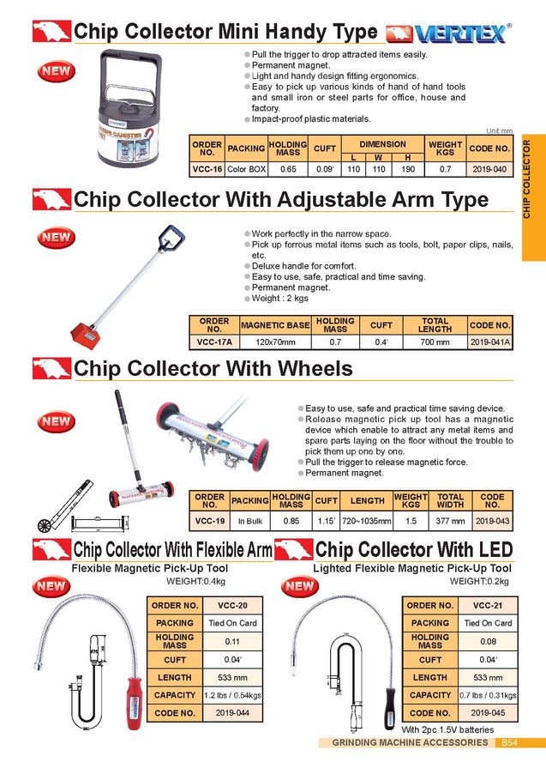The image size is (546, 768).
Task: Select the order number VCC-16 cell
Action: [207, 170]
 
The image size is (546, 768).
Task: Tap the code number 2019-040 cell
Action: [489, 170]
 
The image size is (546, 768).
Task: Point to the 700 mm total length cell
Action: [435, 342]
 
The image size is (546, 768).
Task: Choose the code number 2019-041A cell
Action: [490, 342]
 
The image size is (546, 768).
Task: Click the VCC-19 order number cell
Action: [209, 521]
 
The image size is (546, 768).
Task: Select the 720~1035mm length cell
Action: [367, 521]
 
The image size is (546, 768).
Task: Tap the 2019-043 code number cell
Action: [492, 521]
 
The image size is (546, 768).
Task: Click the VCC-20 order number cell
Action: [232, 605]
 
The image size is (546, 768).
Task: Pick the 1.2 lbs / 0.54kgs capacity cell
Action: [232, 695]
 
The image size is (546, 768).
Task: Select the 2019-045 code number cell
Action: [489, 713]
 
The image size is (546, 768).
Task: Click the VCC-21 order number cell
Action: [489, 605]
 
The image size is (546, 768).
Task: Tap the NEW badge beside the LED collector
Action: [299, 587]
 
